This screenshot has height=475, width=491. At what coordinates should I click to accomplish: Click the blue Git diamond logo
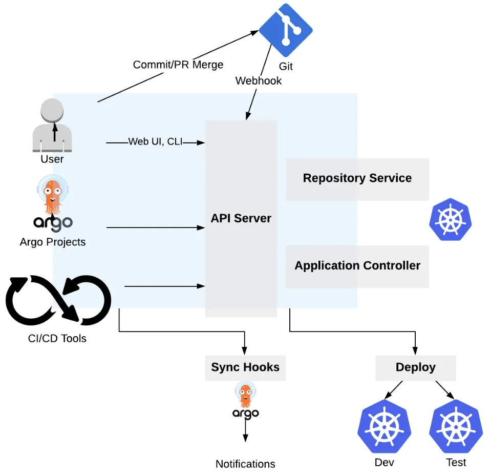click(x=285, y=30)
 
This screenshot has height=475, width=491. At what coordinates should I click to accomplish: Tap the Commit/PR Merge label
click(x=178, y=65)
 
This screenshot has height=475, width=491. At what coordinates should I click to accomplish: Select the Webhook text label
click(x=259, y=80)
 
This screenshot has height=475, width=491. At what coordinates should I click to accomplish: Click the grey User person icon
click(x=52, y=125)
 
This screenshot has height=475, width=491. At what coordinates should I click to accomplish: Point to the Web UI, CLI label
click(x=155, y=141)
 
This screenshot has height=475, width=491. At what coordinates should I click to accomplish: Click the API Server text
click(x=241, y=218)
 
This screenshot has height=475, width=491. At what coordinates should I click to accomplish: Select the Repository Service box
click(x=357, y=178)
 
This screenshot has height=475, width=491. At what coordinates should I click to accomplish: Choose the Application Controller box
click(x=357, y=265)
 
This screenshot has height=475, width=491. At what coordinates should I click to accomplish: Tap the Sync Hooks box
click(x=245, y=367)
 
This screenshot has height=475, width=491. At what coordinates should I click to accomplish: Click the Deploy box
click(x=415, y=367)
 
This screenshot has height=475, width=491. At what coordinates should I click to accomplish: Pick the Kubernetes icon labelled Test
click(x=456, y=427)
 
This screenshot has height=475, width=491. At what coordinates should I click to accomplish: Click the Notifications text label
click(x=245, y=464)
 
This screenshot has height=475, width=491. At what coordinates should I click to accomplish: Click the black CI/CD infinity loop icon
click(x=58, y=299)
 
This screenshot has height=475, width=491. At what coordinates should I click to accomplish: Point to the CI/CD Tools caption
click(x=57, y=338)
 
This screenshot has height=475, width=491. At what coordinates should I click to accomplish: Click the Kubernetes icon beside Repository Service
click(x=450, y=220)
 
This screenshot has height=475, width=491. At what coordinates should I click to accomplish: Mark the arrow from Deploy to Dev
click(x=395, y=389)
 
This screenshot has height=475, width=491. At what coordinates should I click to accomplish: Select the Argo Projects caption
click(x=53, y=242)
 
